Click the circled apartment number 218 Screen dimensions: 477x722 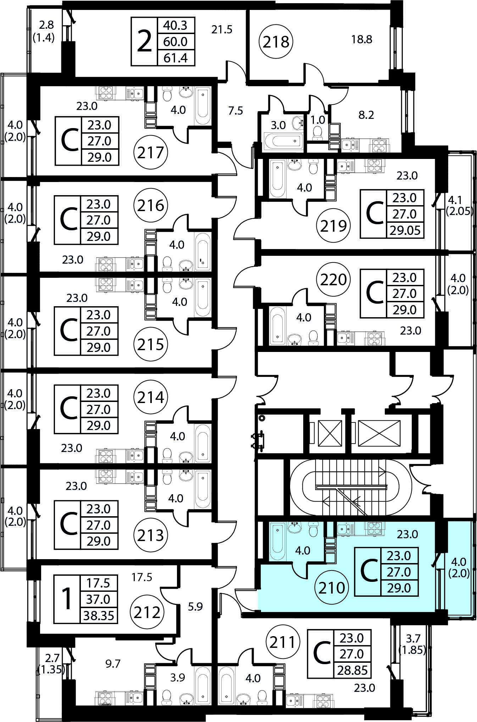point(276,42)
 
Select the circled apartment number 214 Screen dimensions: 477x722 point(151,397)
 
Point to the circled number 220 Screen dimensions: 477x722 point(333,280)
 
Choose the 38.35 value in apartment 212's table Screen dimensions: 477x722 point(99,616)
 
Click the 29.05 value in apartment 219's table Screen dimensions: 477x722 point(405,231)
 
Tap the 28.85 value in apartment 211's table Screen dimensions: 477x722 point(353,671)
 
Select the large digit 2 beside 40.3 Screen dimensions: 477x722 point(144,42)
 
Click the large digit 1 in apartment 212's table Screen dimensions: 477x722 point(67,599)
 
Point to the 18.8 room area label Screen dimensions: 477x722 point(362,39)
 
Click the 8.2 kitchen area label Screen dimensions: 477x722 point(366,115)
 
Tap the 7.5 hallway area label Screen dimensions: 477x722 point(235,111)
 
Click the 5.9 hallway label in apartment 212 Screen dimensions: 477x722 point(195,607)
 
